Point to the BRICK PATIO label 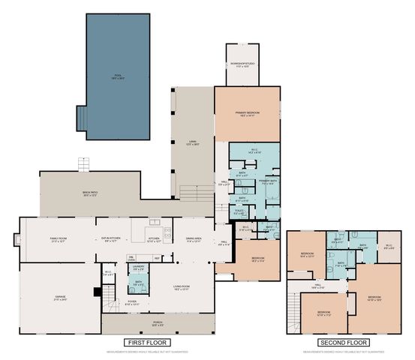point(90,193)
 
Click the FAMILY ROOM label point(59,240)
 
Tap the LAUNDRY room point(138,267)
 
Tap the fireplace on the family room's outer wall point(17,240)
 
